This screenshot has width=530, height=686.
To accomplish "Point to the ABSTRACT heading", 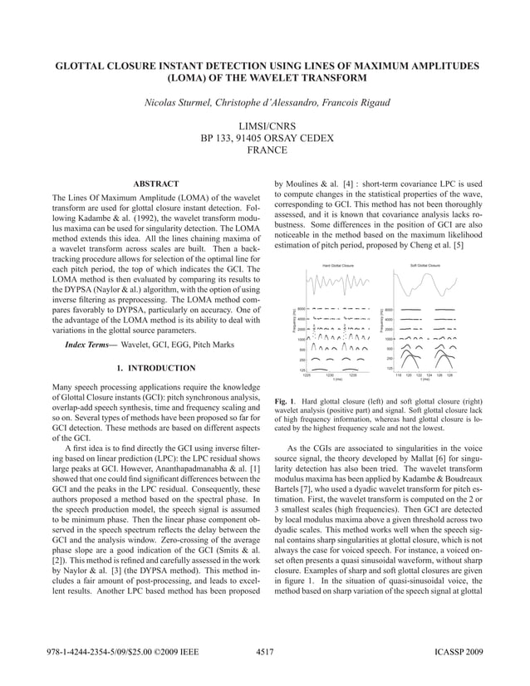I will [156, 184].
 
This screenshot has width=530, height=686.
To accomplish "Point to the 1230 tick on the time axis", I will [329, 375].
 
